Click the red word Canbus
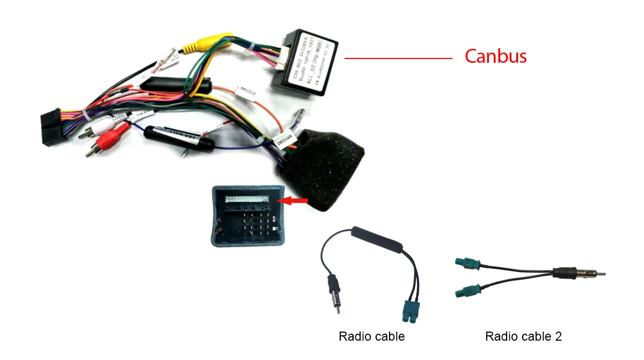click(495, 56)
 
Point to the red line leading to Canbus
click(398, 58)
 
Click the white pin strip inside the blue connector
click(246, 199)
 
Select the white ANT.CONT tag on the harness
click(282, 139)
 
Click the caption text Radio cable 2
click(523, 337)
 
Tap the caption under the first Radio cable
click(371, 337)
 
